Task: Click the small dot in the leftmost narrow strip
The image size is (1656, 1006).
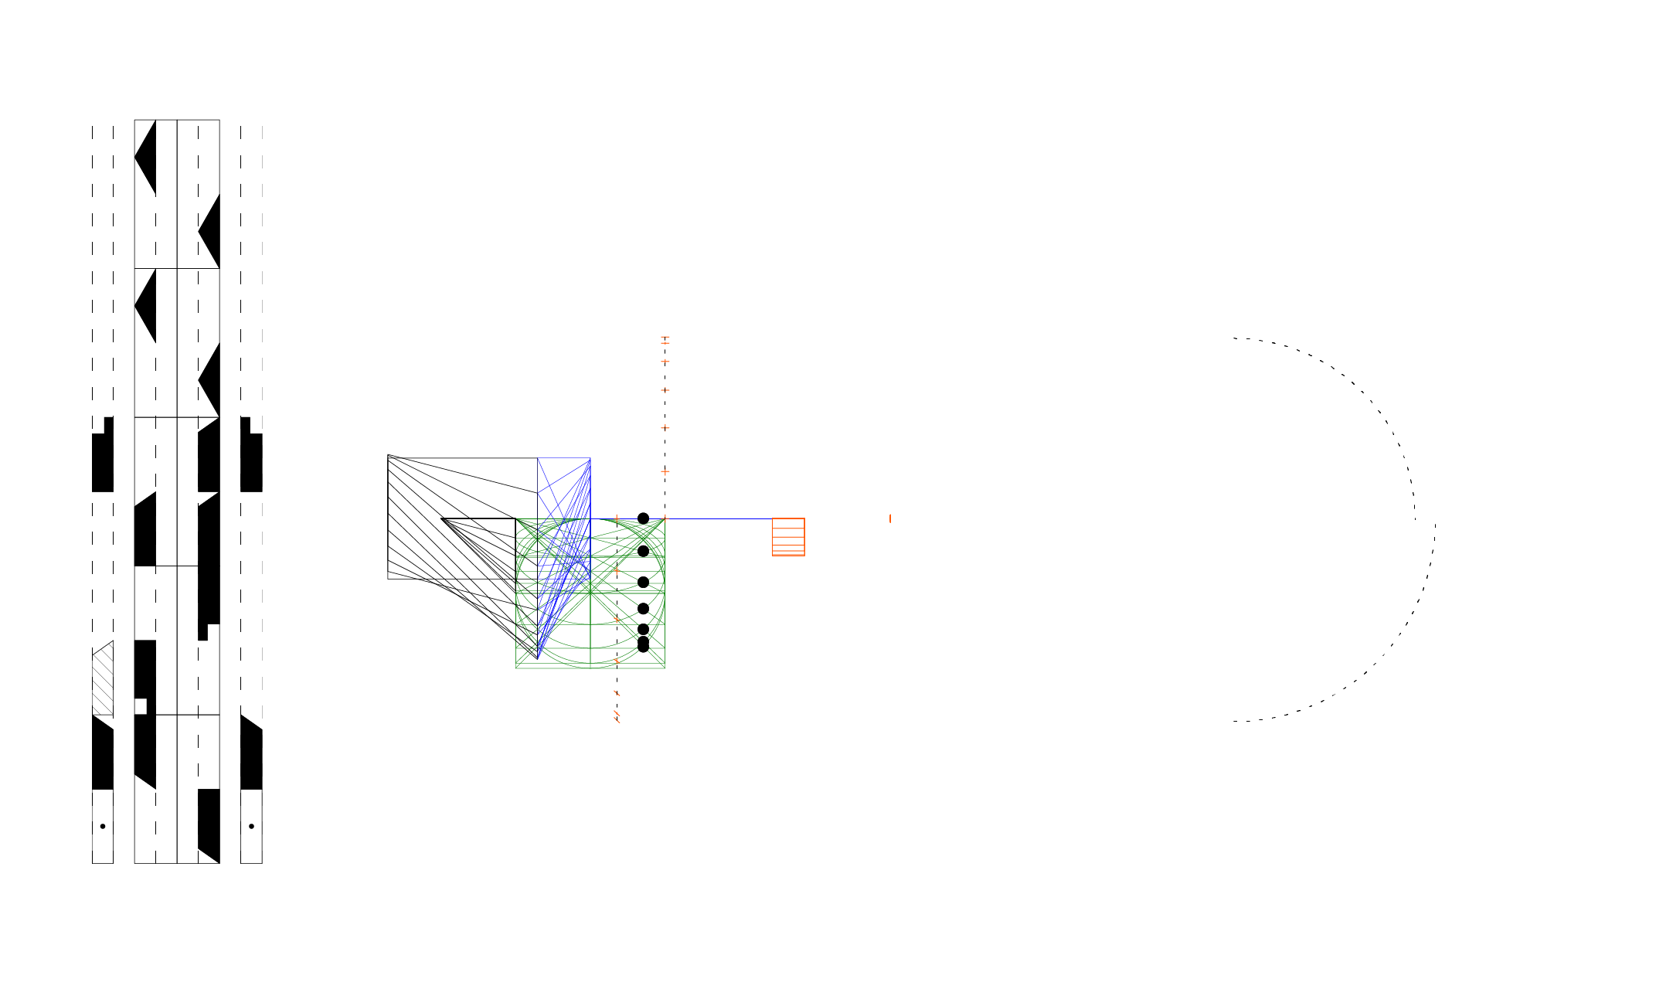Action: pyautogui.click(x=103, y=826)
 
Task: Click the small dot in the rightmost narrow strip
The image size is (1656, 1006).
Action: pyautogui.click(x=251, y=826)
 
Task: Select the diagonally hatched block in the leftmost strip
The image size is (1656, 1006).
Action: pyautogui.click(x=104, y=680)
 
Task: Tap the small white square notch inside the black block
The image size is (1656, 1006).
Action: pyautogui.click(x=141, y=706)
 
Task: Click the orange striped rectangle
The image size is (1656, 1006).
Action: pyautogui.click(x=788, y=536)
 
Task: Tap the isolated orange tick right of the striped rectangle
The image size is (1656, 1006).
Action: pyautogui.click(x=890, y=518)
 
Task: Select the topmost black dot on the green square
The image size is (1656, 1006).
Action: pyautogui.click(x=643, y=518)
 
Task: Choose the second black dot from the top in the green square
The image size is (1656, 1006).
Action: pyautogui.click(x=643, y=551)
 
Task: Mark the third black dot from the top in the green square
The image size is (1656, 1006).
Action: pyautogui.click(x=643, y=582)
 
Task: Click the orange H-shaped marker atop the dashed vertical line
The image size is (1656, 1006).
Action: pyautogui.click(x=665, y=339)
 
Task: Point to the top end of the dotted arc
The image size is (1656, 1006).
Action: pyautogui.click(x=1234, y=338)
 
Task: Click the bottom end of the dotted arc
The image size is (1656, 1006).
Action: pyautogui.click(x=1234, y=721)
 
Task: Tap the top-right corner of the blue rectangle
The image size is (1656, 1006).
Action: pyautogui.click(x=590, y=458)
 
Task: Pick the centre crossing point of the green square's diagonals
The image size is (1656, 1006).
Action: pyautogui.click(x=590, y=593)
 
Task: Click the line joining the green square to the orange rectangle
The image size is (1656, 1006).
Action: pyautogui.click(x=719, y=518)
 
